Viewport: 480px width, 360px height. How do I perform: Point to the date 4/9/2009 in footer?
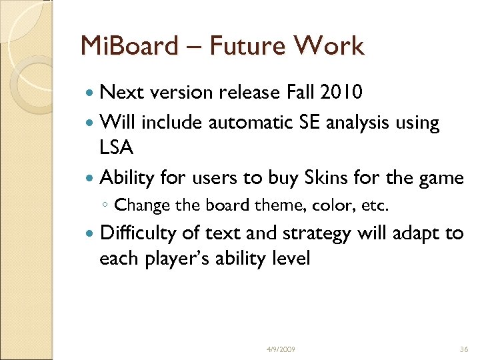pyautogui.click(x=280, y=349)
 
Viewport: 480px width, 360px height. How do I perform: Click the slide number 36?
pyautogui.click(x=464, y=349)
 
